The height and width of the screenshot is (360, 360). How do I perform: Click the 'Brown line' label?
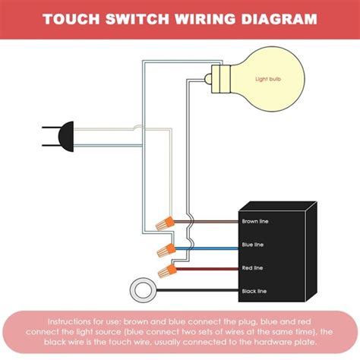pyautogui.click(x=255, y=222)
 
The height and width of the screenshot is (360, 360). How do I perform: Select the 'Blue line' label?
pyautogui.click(x=253, y=245)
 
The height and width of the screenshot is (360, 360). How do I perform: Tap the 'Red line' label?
pyautogui.click(x=252, y=267)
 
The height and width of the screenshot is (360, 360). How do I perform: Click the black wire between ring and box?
pyautogui.click(x=197, y=290)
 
